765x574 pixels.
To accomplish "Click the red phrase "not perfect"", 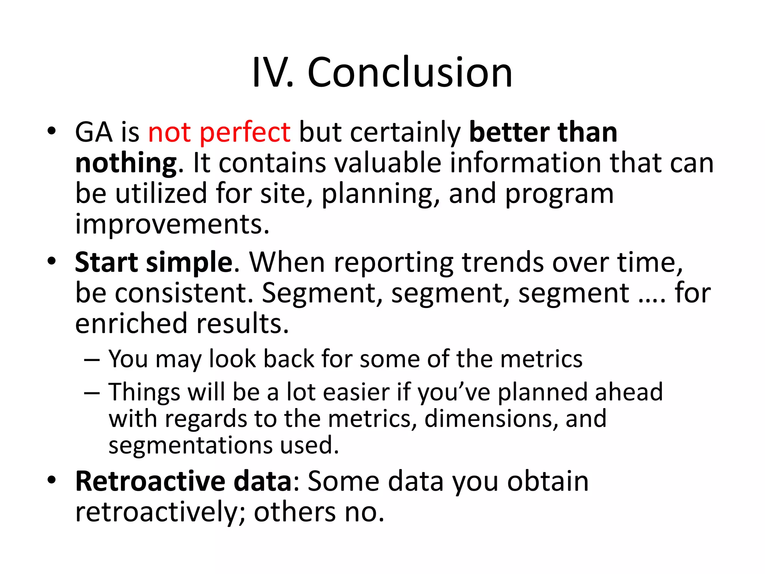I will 219,133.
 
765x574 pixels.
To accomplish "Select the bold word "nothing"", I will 126,163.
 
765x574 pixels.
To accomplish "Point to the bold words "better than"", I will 543,133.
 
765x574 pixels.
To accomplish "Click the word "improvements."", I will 172,225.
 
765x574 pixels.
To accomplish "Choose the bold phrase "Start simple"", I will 154,262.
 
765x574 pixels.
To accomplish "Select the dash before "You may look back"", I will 92,359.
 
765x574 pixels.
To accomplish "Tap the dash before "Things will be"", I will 92,393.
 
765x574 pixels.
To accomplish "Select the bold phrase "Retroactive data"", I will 183,481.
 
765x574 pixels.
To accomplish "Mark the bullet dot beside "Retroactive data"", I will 52,480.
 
